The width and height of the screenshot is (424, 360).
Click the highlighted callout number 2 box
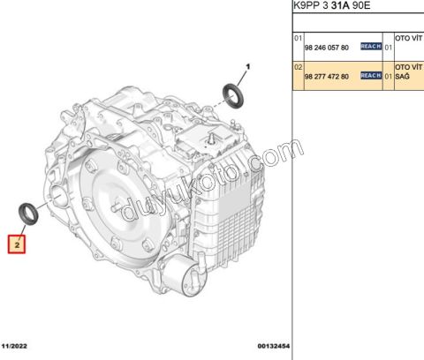[17, 244]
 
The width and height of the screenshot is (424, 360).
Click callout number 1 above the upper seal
[248, 67]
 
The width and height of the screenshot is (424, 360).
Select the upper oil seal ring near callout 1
[233, 94]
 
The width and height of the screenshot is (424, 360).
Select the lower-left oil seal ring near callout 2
[28, 214]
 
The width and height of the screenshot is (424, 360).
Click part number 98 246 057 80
[327, 48]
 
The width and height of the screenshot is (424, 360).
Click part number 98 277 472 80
[327, 77]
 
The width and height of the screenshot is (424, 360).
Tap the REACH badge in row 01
[371, 47]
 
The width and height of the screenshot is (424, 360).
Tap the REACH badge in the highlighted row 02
[371, 76]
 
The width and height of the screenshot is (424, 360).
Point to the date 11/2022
[14, 346]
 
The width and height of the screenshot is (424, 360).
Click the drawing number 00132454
[274, 346]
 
